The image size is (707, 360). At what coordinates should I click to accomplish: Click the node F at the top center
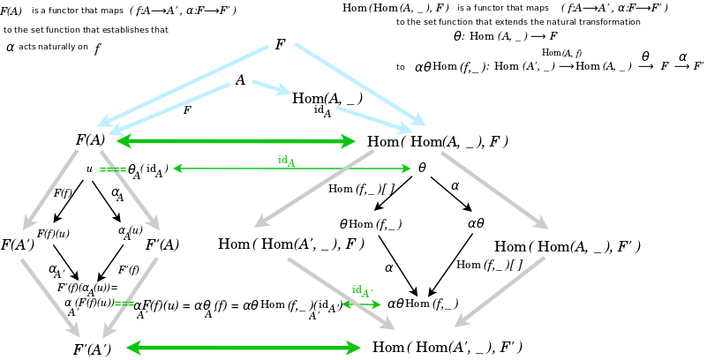point(280,44)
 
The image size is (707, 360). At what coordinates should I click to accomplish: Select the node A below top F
point(240,80)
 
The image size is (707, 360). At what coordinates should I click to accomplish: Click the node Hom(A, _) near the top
point(327,99)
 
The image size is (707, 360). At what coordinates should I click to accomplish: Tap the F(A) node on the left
point(90,140)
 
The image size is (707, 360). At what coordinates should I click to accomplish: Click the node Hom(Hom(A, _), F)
point(437,141)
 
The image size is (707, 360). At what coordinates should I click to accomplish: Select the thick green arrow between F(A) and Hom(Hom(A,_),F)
point(236,141)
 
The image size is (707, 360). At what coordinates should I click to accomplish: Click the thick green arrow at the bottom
point(244,348)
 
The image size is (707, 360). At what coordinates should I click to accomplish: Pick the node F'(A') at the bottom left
point(92,349)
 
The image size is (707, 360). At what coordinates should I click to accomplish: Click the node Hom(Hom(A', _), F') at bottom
point(448,348)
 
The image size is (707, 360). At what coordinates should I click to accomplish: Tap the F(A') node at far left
point(17,245)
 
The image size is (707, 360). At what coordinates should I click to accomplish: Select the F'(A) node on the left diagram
point(162,245)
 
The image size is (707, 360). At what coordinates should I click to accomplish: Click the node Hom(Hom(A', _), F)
point(291,244)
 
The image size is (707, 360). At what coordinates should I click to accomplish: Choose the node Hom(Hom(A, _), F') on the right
point(567,247)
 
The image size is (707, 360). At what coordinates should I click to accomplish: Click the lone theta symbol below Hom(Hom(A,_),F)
point(422,168)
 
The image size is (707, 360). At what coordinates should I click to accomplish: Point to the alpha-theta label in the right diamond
point(476,224)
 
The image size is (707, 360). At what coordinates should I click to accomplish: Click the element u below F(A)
point(89,169)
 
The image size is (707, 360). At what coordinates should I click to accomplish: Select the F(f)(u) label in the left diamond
point(53,234)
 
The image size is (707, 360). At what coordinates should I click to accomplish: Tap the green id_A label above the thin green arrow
point(287,161)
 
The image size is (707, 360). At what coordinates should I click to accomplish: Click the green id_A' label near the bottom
point(362,291)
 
